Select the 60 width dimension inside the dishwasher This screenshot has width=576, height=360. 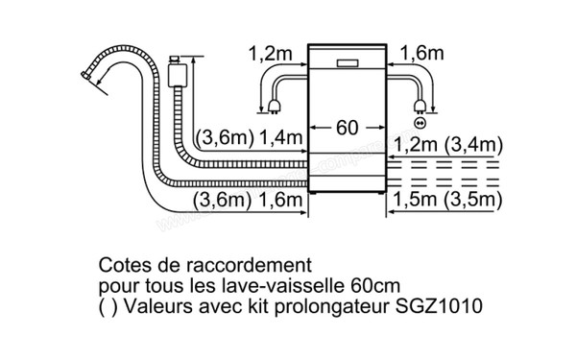tap(347, 127)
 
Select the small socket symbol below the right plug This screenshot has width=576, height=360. tap(420, 123)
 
